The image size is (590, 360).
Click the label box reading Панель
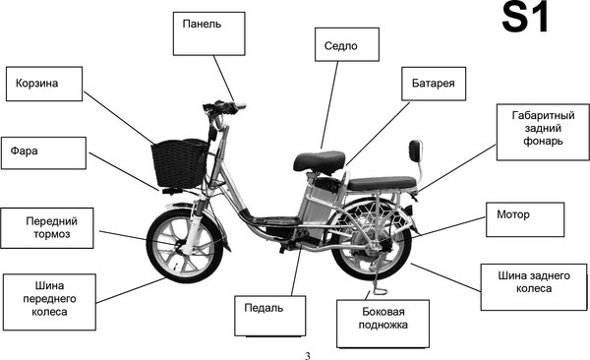[x=208, y=33]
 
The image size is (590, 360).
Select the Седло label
[x=347, y=44]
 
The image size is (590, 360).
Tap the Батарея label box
[x=434, y=84]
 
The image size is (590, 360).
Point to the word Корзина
[x=37, y=84]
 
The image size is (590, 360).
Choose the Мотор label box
[x=525, y=219]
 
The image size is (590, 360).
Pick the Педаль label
[x=269, y=316]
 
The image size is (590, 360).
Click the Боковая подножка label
[x=383, y=324]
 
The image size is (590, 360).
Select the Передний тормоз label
[x=47, y=228]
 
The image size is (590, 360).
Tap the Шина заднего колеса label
[x=534, y=287]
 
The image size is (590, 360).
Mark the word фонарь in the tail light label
[x=543, y=142]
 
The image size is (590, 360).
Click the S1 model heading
[x=525, y=18]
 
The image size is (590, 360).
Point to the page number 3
[x=308, y=356]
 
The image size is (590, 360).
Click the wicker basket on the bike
[x=179, y=163]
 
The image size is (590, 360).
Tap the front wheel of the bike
[x=185, y=246]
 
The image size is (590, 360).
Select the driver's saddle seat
[x=319, y=162]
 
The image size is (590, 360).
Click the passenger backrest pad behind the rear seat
[x=415, y=150]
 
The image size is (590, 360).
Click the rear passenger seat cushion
[x=382, y=183]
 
